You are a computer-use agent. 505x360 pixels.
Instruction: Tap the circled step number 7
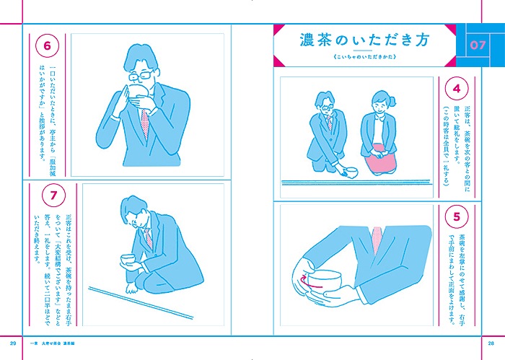(46, 195)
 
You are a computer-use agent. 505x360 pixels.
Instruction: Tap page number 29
(13, 341)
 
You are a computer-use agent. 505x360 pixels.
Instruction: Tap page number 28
(491, 341)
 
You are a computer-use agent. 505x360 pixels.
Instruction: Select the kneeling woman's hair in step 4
(379, 100)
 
